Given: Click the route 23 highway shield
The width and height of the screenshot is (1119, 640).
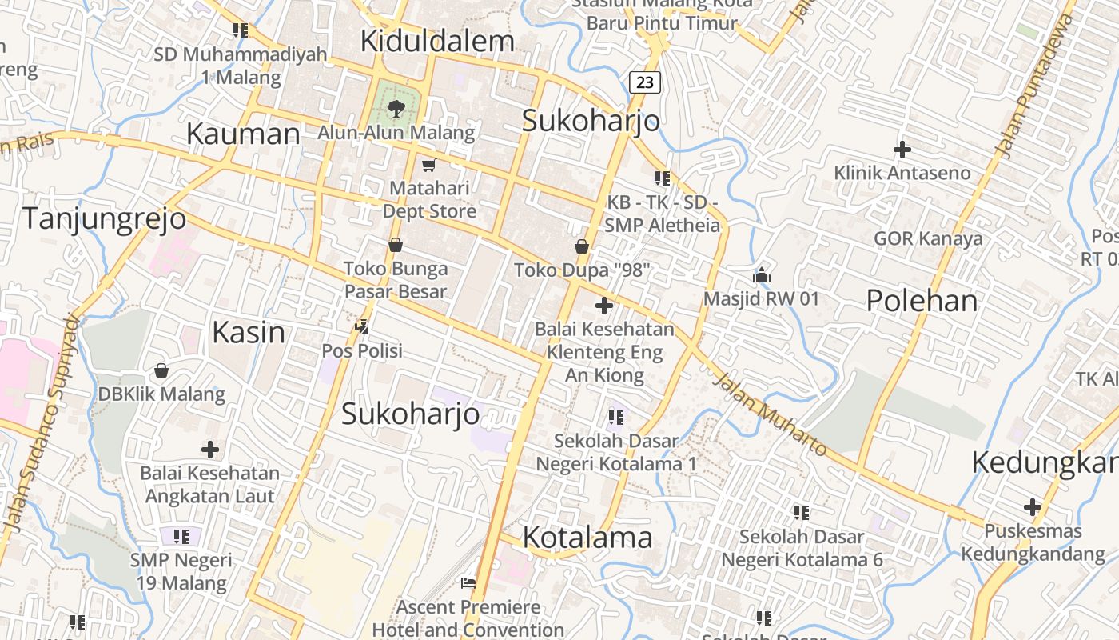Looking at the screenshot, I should point(645,82).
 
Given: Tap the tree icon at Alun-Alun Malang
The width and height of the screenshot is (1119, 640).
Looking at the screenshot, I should point(396,109).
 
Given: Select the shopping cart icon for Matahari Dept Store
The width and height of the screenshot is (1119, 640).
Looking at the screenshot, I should point(428,166).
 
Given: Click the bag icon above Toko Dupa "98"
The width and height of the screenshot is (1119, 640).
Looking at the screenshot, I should point(582,246).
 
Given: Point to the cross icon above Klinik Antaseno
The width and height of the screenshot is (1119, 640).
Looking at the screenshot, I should point(902,150).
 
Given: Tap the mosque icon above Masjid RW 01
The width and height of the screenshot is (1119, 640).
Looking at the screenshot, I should point(761,275).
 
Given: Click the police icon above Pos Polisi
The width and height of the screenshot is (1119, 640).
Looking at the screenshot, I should point(362,326).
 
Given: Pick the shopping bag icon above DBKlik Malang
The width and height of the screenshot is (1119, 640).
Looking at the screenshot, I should point(161,370).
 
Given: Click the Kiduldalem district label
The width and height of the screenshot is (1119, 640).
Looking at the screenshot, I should point(437,42).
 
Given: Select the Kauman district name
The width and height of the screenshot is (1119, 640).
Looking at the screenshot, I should point(243,134).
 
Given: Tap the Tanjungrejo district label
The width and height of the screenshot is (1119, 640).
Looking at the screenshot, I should point(104,218).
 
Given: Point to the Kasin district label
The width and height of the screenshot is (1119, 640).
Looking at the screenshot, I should point(249,332).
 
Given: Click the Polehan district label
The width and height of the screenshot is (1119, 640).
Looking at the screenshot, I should point(922,301).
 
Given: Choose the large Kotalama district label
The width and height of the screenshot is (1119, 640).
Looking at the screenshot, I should point(587,537).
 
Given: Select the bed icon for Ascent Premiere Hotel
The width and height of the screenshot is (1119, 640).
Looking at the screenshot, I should point(468,583).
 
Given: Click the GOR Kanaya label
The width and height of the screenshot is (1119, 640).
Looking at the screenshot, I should point(928,238).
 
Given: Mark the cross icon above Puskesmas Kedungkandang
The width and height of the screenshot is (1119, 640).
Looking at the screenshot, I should point(1033,507).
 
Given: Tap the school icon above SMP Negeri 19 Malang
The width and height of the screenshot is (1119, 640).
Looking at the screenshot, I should point(181,536).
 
